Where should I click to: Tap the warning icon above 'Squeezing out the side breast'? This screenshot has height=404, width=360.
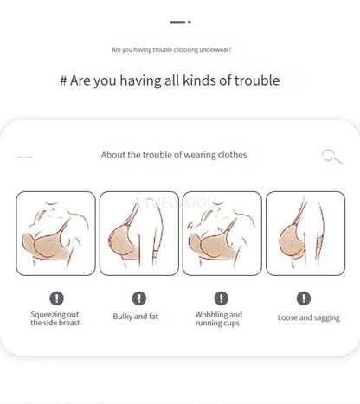[x=56, y=298]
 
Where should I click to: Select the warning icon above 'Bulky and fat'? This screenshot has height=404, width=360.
[x=139, y=298]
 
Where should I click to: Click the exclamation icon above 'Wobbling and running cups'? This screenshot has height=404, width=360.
[x=222, y=298]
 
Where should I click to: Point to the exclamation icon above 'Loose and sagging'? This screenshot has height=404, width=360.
[x=304, y=298]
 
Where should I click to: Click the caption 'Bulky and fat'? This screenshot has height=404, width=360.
[x=136, y=317]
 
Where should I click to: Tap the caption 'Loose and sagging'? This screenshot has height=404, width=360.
[x=309, y=317]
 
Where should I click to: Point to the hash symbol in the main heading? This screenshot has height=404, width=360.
[x=63, y=80]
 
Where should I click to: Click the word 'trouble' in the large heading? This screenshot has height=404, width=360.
[x=257, y=80]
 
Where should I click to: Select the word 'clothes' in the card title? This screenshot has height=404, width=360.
[x=232, y=155]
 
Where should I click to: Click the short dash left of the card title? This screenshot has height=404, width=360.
[x=25, y=157]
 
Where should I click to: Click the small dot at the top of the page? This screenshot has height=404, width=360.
[x=190, y=22]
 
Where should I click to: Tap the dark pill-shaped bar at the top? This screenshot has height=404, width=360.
[x=177, y=22]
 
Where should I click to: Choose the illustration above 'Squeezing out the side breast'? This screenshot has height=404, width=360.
[x=55, y=234]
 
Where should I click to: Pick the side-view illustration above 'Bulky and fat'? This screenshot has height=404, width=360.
[x=139, y=234]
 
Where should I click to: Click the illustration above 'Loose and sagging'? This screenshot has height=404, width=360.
[x=305, y=234]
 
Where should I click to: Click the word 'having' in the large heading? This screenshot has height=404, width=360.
[x=140, y=80]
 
